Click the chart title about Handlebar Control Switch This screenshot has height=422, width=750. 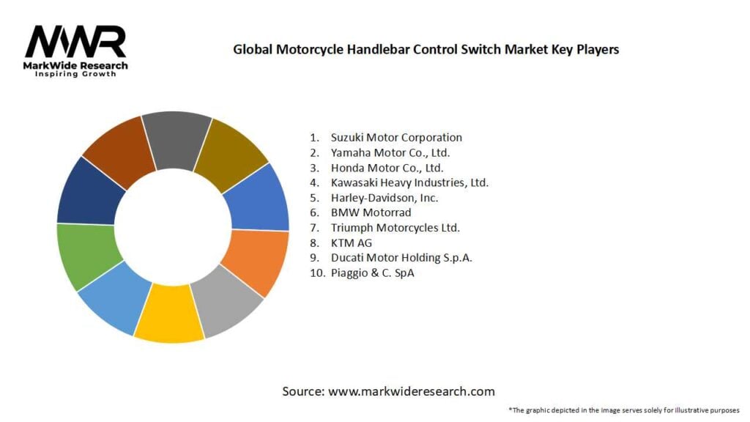tap(426, 50)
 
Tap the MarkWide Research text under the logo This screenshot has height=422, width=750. tap(75, 66)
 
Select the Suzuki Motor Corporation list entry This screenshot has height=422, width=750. tap(396, 137)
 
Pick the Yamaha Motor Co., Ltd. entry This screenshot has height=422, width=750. tap(390, 152)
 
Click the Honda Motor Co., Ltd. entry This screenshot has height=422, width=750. tap(387, 168)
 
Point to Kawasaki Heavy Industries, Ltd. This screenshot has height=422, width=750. tap(409, 182)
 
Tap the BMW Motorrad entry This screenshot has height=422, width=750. tap(371, 212)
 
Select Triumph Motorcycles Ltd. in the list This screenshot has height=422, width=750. tap(395, 228)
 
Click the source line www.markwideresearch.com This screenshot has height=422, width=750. tap(388, 391)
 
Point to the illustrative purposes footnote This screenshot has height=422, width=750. tap(623, 410)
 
